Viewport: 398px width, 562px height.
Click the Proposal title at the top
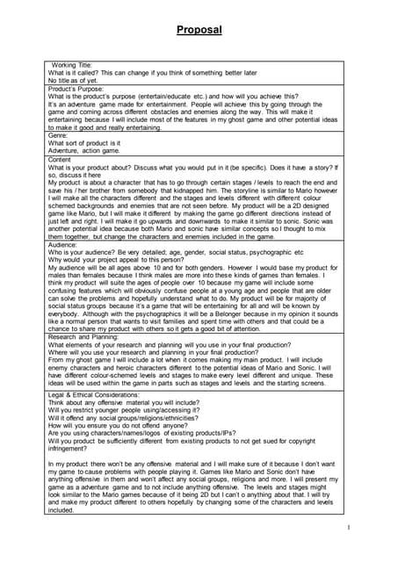coord(199,31)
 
